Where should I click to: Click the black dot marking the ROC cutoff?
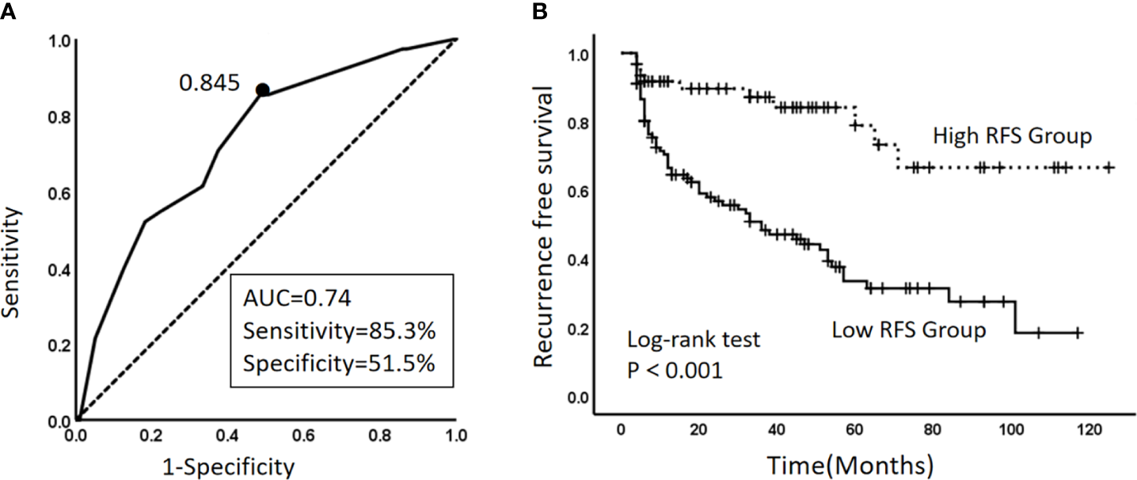pos(262,90)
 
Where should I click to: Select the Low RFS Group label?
pos(908,330)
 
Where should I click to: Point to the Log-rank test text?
pos(694,341)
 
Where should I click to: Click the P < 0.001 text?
pos(675,370)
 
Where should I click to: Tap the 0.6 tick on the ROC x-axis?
pos(305,436)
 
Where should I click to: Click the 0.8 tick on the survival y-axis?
pos(580,124)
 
